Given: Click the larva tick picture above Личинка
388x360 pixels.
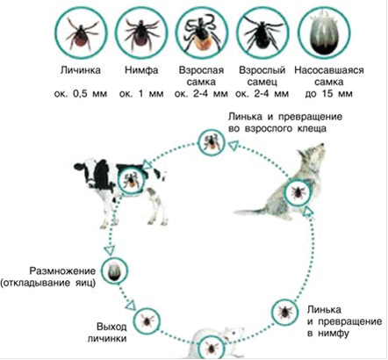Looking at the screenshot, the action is click(x=81, y=33).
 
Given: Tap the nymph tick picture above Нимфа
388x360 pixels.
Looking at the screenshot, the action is click(x=141, y=33).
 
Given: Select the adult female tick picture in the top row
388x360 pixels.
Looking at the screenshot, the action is click(x=202, y=33).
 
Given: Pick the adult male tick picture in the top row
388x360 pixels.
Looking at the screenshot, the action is click(x=262, y=33).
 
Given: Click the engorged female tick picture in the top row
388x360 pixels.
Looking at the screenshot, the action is click(x=324, y=33).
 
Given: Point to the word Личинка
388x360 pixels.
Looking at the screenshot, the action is click(x=81, y=70).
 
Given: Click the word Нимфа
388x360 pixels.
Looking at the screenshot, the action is click(x=141, y=70).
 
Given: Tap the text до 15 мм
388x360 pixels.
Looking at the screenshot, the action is click(x=328, y=94).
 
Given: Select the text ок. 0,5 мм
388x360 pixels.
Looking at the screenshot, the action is click(x=81, y=94).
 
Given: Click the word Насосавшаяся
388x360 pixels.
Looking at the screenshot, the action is click(x=329, y=70).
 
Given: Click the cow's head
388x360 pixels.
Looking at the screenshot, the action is click(x=84, y=173).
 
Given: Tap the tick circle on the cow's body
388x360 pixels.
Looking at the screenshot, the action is click(x=131, y=181).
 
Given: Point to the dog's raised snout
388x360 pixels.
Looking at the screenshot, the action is click(x=319, y=148).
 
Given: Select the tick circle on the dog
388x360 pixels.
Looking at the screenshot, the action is click(x=298, y=192).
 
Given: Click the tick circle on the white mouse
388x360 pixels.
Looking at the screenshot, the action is click(x=212, y=348).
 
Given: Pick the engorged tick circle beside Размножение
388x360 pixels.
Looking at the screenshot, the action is click(x=115, y=270).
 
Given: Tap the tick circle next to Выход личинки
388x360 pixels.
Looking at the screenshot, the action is click(x=147, y=320).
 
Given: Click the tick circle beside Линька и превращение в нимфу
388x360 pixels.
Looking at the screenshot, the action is click(x=284, y=312).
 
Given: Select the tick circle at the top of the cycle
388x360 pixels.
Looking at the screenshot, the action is click(x=212, y=142).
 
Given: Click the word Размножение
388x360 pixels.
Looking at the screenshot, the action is click(x=62, y=270).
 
